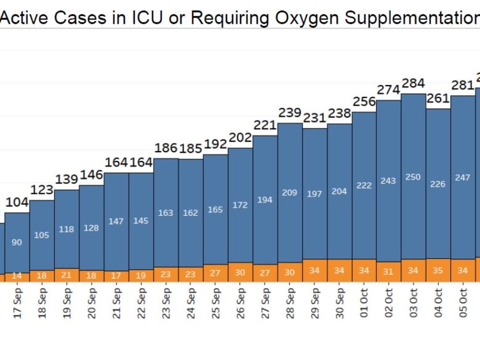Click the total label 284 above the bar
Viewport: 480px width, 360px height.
(x=413, y=83)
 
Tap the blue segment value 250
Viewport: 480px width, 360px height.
(x=413, y=177)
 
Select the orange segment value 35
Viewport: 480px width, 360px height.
(x=438, y=270)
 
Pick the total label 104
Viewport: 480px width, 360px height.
(x=17, y=202)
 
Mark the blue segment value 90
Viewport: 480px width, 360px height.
(x=17, y=243)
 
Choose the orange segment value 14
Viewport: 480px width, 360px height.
(x=17, y=276)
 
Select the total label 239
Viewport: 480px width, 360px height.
(x=290, y=112)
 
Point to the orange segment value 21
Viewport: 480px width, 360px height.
(x=67, y=274)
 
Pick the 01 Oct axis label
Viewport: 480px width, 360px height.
(x=364, y=303)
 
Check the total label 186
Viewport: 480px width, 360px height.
(x=166, y=148)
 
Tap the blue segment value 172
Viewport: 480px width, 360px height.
(x=240, y=205)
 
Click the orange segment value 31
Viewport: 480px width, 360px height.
(x=388, y=271)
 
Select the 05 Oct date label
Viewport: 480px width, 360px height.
(x=463, y=303)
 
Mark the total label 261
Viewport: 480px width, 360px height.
(x=438, y=98)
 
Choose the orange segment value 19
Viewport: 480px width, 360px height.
(x=141, y=275)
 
